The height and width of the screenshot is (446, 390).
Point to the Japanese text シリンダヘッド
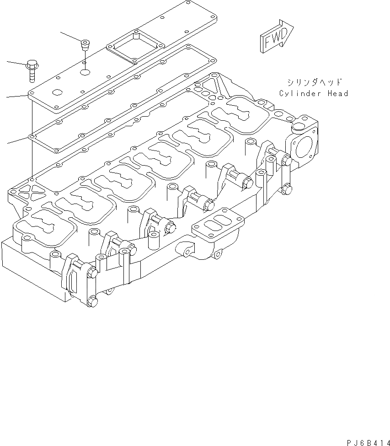click(x=314, y=83)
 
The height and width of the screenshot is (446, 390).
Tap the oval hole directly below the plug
click(x=85, y=72)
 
